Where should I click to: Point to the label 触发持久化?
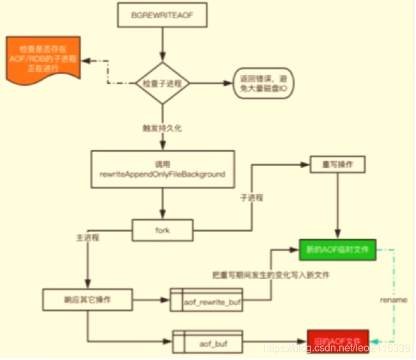point(162,129)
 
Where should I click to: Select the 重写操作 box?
point(338,164)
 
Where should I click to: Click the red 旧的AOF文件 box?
point(337,340)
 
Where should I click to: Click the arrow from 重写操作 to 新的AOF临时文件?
point(338,205)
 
